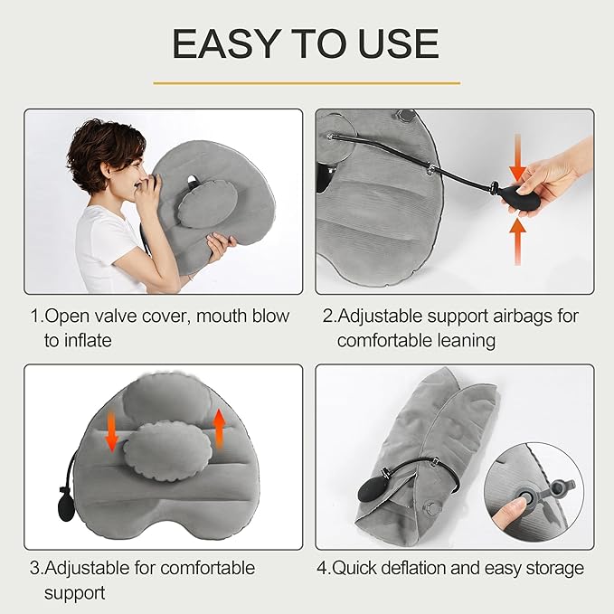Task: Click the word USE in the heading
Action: pos(394,43)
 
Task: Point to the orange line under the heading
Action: pos(307,83)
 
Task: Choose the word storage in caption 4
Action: pos(553,569)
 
